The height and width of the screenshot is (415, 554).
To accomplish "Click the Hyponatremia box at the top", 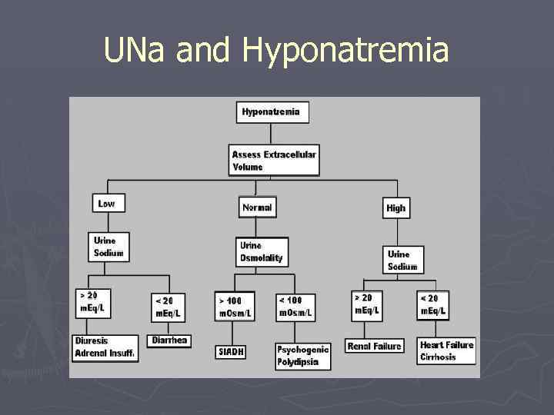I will (x=272, y=112).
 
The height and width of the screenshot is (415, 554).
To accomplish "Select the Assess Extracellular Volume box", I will (x=274, y=161).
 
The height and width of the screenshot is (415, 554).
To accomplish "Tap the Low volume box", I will (x=107, y=204).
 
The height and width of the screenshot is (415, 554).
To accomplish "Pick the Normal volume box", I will (x=257, y=207).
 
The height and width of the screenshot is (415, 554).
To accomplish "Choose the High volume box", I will (x=395, y=208).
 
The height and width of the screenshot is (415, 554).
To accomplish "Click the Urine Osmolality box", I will (x=262, y=252).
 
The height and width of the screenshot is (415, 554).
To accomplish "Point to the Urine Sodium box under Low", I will (x=109, y=247).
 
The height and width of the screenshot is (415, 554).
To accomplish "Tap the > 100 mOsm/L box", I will (x=234, y=306).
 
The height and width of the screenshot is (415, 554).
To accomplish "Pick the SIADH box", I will (x=230, y=351).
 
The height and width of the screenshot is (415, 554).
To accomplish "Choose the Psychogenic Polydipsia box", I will (x=302, y=356).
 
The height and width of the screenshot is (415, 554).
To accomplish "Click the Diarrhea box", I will (x=169, y=340).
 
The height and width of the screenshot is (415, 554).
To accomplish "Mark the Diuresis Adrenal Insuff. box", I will (x=105, y=347).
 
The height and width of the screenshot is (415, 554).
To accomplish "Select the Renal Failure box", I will (x=374, y=347).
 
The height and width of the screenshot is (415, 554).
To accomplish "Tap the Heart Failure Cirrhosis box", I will (x=446, y=350).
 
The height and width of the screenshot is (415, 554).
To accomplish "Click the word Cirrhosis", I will (x=438, y=357).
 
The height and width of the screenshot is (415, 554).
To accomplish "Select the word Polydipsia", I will (x=298, y=362).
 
